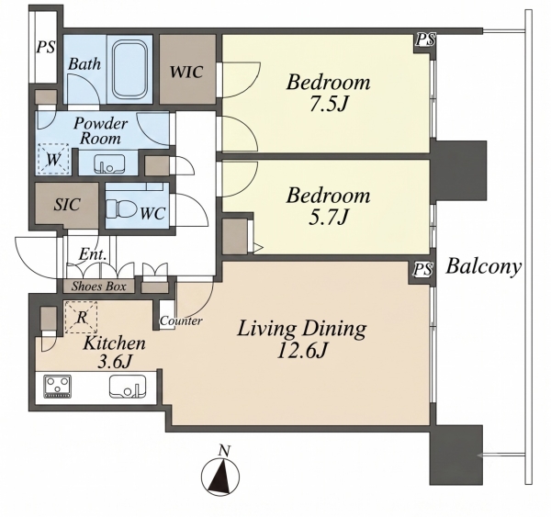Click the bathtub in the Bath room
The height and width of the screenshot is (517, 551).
click(129, 69)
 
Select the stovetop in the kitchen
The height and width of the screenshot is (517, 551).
click(57, 387)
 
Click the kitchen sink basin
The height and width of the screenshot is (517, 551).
click(128, 386)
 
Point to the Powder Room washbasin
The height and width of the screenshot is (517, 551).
click(109, 163)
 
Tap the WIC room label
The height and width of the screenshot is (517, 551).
click(186, 72)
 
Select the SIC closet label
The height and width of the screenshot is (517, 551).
click(67, 205)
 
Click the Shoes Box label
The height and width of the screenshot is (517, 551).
click(99, 287)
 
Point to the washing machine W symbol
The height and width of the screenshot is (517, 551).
click(53, 159)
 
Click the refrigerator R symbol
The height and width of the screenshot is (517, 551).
click(81, 317)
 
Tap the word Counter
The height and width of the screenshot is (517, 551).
click(181, 320)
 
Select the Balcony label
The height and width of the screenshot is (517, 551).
click(484, 266)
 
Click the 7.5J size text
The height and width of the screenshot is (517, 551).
click(329, 104)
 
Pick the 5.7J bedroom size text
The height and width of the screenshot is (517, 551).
click(329, 217)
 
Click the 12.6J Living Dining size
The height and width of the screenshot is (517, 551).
click(302, 350)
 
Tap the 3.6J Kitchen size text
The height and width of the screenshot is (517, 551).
click(114, 362)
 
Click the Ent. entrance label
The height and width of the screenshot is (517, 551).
click(93, 253)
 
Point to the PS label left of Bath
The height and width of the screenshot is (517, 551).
click(46, 47)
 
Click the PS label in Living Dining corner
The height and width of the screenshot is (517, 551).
click(423, 270)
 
